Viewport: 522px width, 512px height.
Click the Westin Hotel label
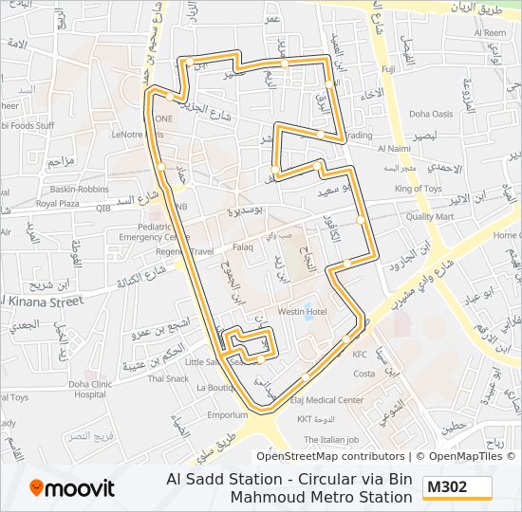(302, 312)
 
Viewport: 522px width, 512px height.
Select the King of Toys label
(419, 189)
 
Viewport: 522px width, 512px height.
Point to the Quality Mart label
(430, 216)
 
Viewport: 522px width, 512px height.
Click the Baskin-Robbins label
(80, 189)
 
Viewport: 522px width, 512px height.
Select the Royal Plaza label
(58, 204)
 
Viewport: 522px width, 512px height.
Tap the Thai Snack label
(168, 377)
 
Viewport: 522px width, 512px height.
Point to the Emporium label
(228, 415)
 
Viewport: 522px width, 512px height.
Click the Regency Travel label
(187, 252)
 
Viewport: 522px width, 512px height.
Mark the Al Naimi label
(393, 149)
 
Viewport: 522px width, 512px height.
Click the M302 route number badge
(457, 487)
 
